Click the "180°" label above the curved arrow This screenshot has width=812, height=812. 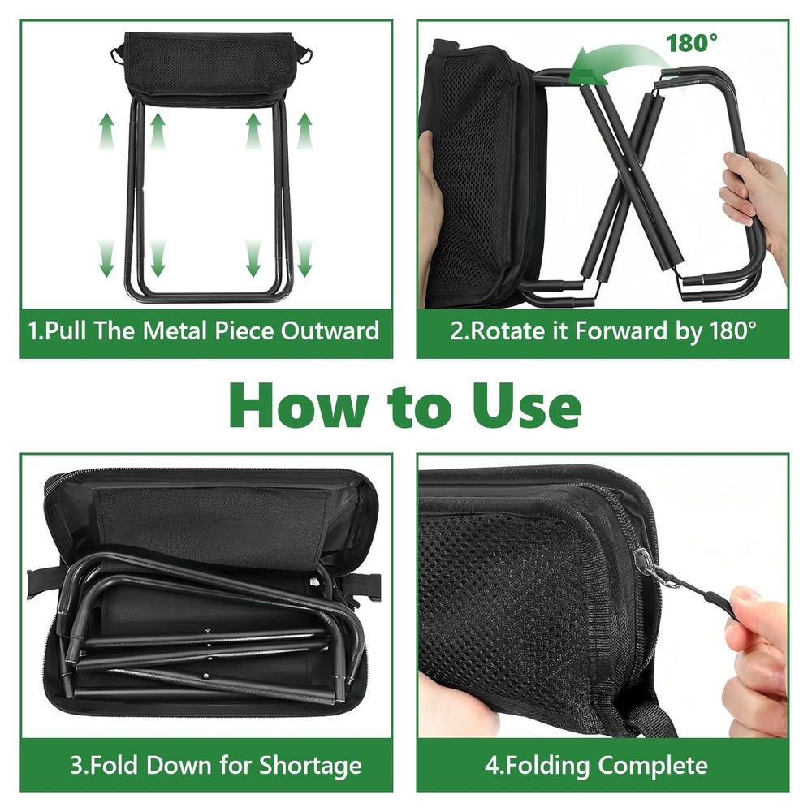pyautogui.click(x=692, y=42)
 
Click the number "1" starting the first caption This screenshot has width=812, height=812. pyautogui.click(x=33, y=331)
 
